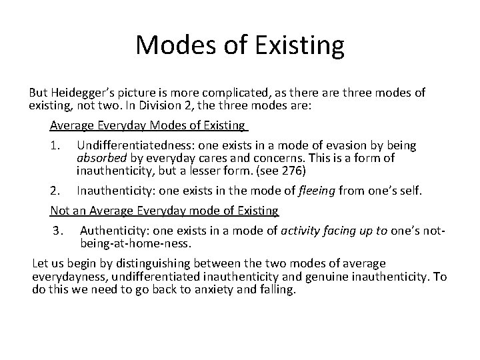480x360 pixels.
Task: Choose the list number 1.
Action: tap(55, 145)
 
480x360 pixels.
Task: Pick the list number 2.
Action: tap(55, 191)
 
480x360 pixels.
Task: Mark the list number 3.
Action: tap(58, 231)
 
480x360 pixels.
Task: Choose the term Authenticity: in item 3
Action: tap(114, 231)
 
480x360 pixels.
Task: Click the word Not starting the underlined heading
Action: tap(60, 211)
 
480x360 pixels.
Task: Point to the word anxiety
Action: tap(214, 290)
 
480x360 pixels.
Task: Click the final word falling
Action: tap(277, 290)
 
